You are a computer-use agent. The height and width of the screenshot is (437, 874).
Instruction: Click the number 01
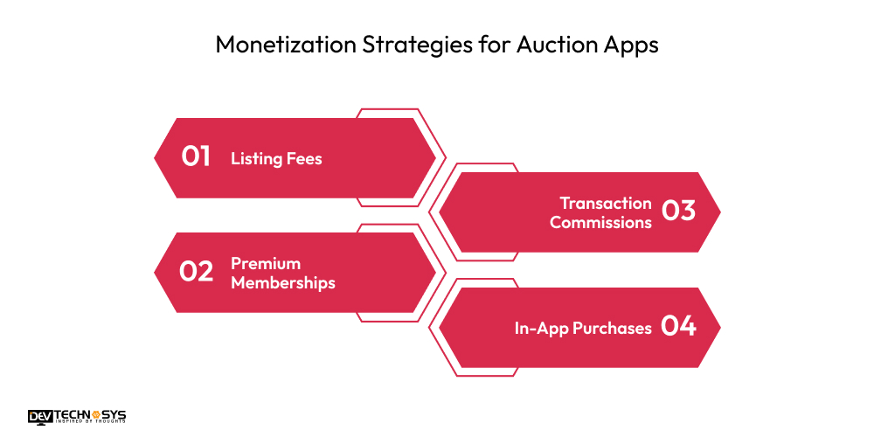197,157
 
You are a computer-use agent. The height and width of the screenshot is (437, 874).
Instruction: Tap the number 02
197,272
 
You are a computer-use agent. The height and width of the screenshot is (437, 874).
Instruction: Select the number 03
678,212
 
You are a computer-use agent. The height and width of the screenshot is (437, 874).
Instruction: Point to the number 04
678,327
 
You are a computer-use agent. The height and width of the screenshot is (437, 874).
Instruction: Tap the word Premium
266,263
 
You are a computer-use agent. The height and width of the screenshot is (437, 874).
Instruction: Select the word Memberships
283,283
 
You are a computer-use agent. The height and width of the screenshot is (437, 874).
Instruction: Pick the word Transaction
606,203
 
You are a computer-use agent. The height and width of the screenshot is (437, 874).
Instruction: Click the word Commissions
600,223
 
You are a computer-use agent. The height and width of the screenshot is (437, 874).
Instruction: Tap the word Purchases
612,329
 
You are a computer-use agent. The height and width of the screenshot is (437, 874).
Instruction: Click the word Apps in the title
626,46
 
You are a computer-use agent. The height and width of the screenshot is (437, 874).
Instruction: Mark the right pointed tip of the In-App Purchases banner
718,328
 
